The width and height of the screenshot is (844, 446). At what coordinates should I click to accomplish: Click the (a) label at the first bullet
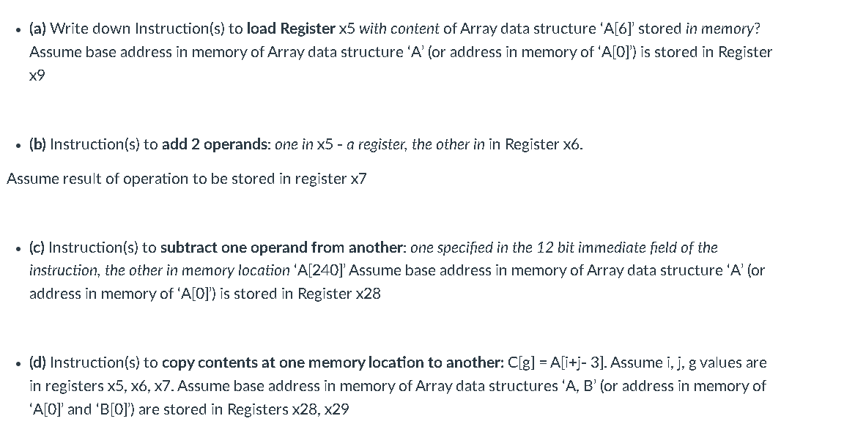click(37, 29)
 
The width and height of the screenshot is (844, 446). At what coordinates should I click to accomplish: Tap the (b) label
click(37, 144)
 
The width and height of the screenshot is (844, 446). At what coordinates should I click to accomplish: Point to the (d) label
click(38, 363)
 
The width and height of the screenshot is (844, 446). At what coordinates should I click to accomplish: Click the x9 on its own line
click(37, 75)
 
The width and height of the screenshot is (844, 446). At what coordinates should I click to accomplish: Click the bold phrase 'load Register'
click(291, 29)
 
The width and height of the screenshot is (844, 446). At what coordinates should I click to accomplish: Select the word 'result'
click(79, 179)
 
